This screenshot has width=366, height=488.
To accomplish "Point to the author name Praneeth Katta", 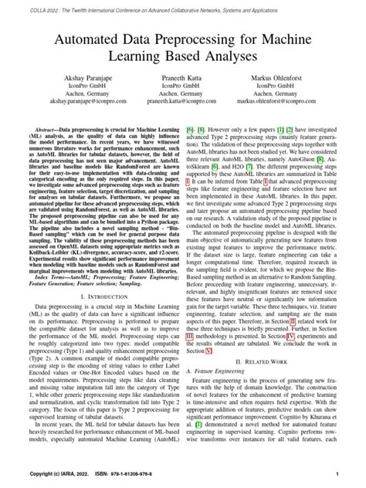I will coord(182,80).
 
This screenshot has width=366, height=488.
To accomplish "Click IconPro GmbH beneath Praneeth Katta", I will coord(182,90).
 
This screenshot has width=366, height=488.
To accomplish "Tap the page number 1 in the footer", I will coord(338,473).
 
